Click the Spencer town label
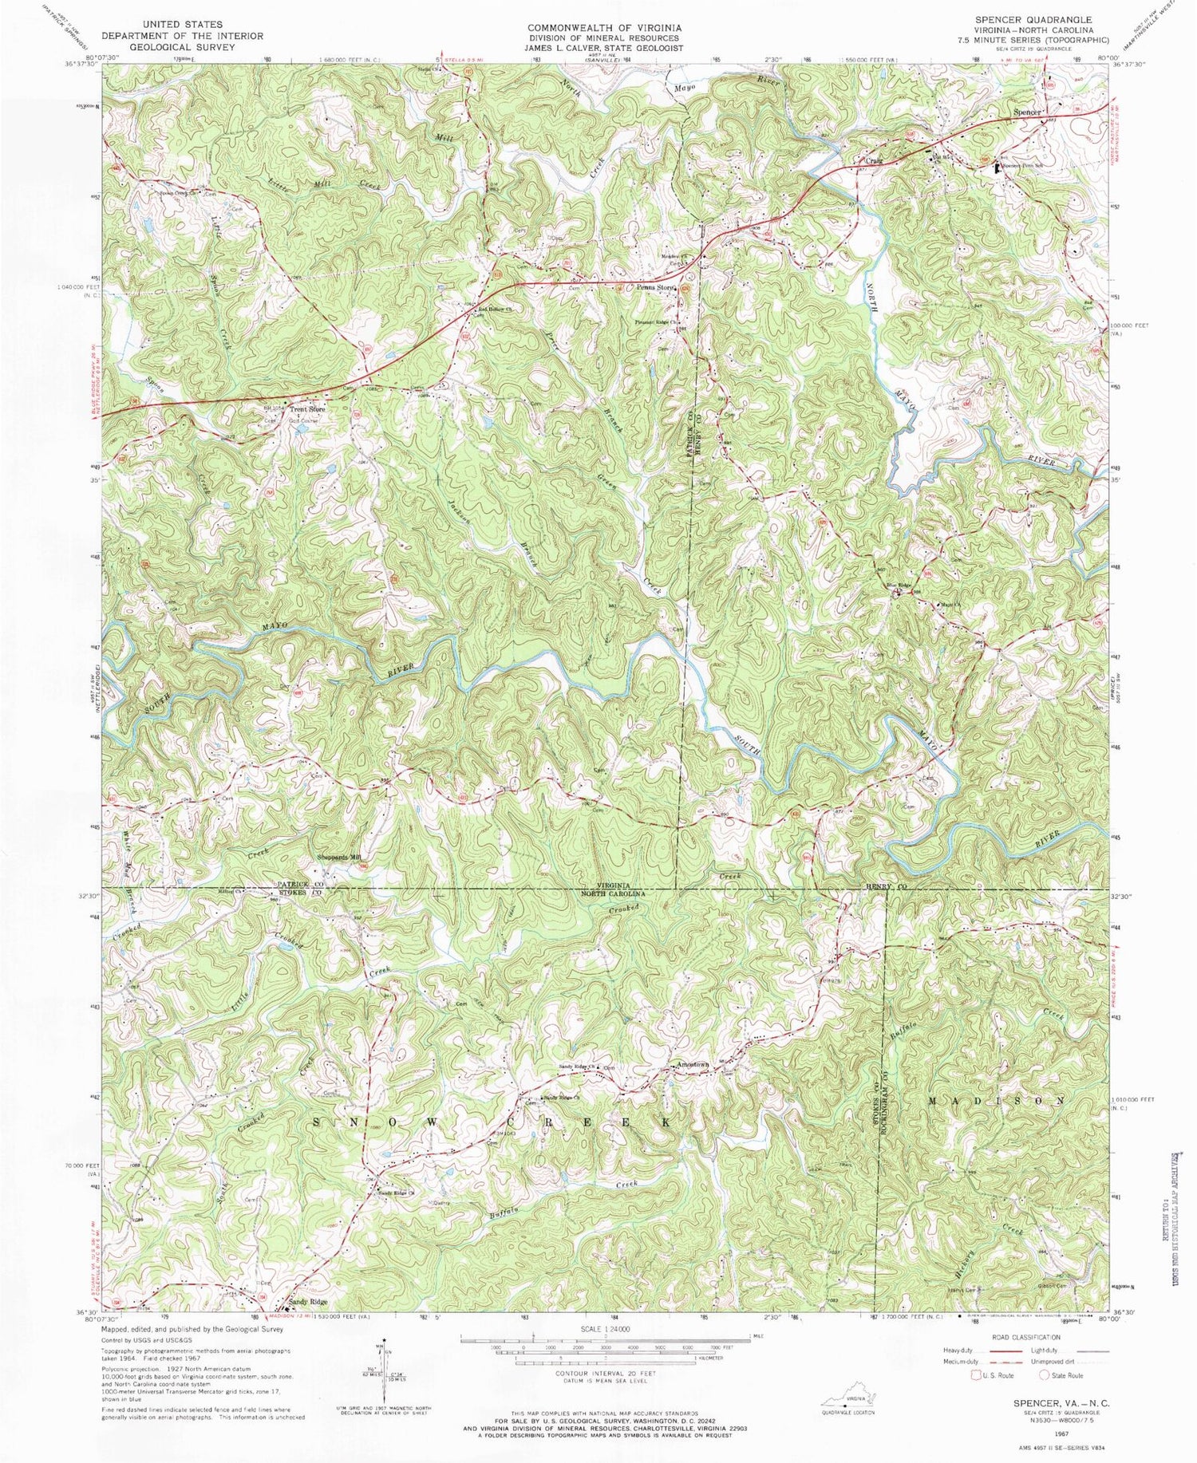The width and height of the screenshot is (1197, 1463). click(1026, 112)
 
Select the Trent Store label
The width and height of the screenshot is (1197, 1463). click(308, 410)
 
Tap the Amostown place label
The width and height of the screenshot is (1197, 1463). click(692, 1065)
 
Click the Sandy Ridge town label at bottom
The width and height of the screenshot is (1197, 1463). click(308, 1301)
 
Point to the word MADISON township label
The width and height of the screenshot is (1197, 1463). click(996, 1100)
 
